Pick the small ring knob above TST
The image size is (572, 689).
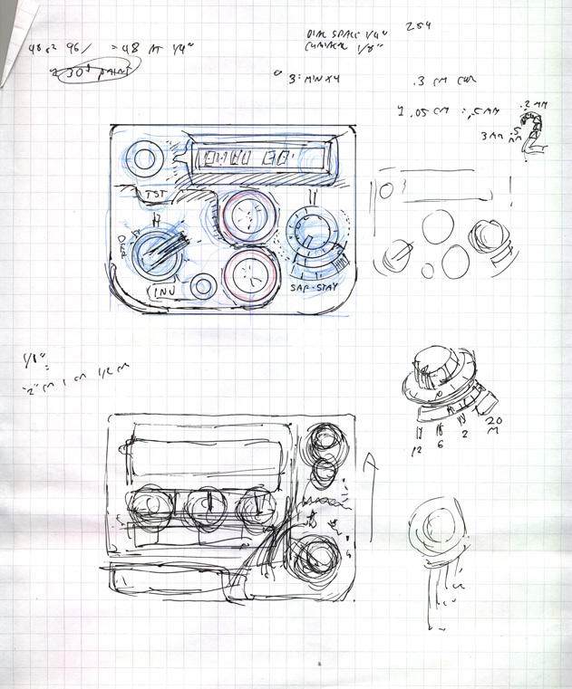(143, 160)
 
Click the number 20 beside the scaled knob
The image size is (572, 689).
(494, 422)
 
